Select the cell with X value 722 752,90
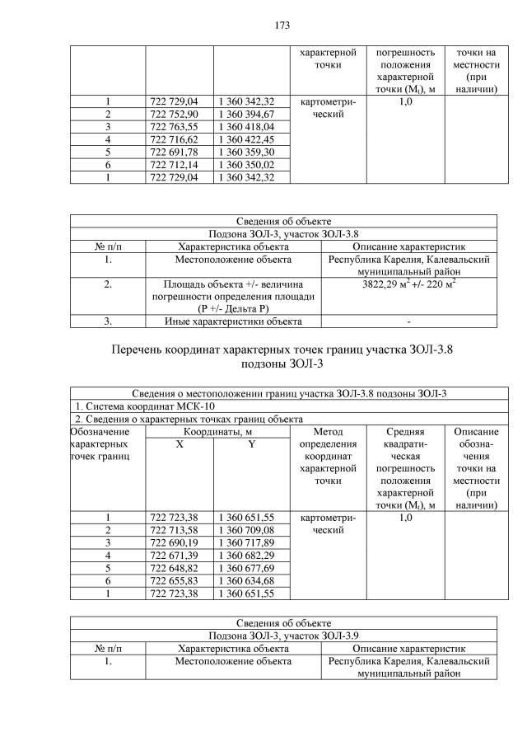point(180,114)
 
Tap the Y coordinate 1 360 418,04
point(246,126)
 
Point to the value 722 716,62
point(180,139)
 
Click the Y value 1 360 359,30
point(246,152)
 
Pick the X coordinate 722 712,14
point(180,165)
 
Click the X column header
point(180,444)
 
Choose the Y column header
point(250,444)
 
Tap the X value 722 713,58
point(180,529)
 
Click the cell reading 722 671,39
point(180,555)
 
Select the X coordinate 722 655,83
point(180,580)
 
